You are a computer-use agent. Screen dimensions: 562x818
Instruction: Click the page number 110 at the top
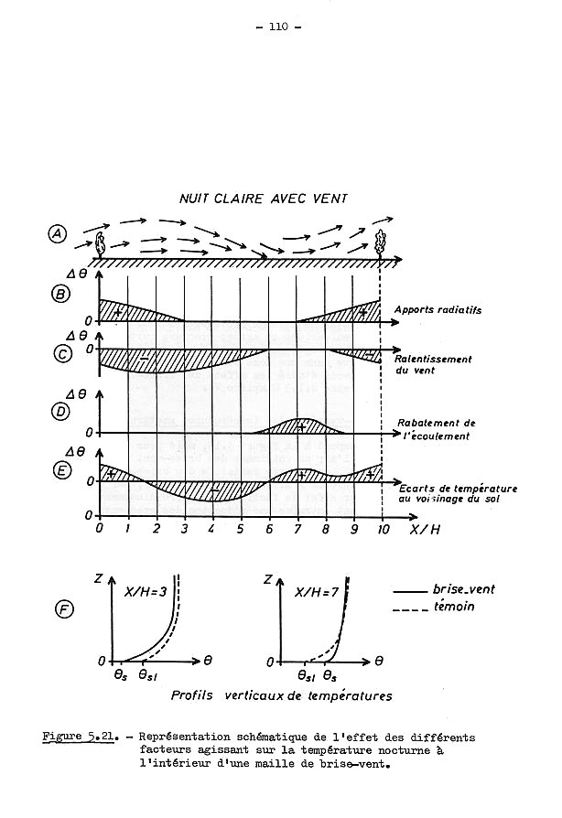pyautogui.click(x=278, y=27)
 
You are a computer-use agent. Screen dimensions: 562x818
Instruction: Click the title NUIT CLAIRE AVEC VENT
pyautogui.click(x=264, y=199)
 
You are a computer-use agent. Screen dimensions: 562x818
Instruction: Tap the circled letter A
pyautogui.click(x=57, y=234)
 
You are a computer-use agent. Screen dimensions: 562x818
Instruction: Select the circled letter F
pyautogui.click(x=64, y=609)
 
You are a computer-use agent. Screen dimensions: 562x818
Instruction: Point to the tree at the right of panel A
pyautogui.click(x=381, y=243)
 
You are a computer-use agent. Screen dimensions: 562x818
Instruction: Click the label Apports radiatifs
pyautogui.click(x=438, y=310)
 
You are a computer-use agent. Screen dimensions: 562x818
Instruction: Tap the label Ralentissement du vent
pyautogui.click(x=433, y=365)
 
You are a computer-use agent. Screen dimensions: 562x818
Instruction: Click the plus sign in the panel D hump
pyautogui.click(x=300, y=426)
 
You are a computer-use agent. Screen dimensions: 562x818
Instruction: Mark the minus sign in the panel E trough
pyautogui.click(x=213, y=490)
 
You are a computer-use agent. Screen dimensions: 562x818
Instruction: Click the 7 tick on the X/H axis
pyautogui.click(x=297, y=529)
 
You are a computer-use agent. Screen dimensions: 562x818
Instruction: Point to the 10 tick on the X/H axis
pyautogui.click(x=384, y=529)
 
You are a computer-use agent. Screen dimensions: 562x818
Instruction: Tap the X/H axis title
pyautogui.click(x=425, y=530)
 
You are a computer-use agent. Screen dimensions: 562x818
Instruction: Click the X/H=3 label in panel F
pyautogui.click(x=146, y=592)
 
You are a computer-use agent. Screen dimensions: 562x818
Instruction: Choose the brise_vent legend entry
pyautogui.click(x=444, y=589)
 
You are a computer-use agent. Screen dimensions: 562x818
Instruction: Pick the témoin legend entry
pyautogui.click(x=434, y=607)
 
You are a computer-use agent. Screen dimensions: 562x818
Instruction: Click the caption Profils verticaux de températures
pyautogui.click(x=281, y=696)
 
